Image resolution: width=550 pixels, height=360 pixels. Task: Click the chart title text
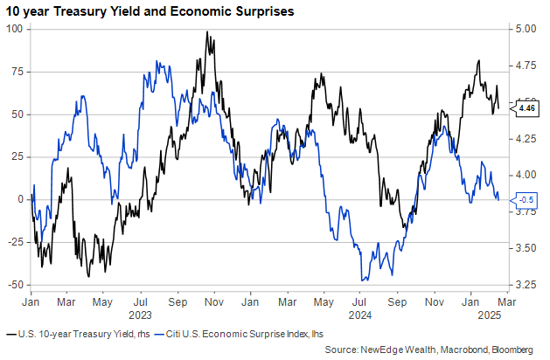[x=150, y=12]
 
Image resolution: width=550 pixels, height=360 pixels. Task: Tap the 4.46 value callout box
[x=526, y=108]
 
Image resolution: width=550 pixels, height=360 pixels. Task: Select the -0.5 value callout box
[x=526, y=200]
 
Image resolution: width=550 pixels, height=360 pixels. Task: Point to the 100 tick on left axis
[x=13, y=29]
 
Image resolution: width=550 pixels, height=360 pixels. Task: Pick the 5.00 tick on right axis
[x=526, y=29]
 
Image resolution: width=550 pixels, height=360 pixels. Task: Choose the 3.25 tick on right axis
[x=526, y=285]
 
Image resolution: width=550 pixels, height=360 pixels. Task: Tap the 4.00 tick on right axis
[x=526, y=175]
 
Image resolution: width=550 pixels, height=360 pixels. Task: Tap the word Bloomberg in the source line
[x=508, y=350]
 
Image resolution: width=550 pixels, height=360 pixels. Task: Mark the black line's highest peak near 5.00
[x=206, y=32]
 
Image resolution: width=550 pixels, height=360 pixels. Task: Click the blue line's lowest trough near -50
[x=363, y=280]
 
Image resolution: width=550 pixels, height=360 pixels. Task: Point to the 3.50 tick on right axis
[x=526, y=248]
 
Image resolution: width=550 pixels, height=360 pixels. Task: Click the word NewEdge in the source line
[x=379, y=350]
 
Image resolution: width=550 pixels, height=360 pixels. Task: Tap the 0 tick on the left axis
[x=20, y=199]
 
